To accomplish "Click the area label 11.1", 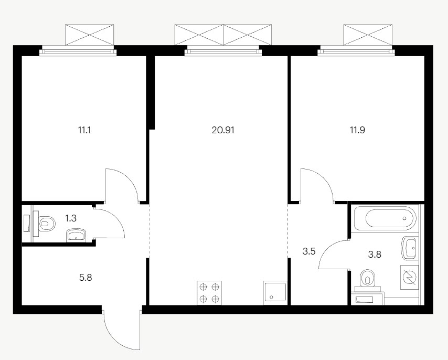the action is [84, 130].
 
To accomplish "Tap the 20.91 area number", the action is [223, 130].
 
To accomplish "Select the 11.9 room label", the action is [357, 130].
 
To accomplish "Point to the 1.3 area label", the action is [71, 218].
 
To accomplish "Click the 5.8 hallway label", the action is [86, 278].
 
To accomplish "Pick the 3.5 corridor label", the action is [309, 252].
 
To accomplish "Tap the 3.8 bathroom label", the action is [375, 255].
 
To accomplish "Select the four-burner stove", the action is [209, 293].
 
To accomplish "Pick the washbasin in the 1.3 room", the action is [76, 235].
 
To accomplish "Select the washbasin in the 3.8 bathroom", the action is [409, 248].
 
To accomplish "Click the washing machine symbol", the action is [410, 277].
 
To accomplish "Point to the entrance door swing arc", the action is [121, 328].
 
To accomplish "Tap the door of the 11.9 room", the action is [317, 186].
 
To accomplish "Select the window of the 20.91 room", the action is [223, 51].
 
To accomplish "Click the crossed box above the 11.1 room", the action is [90, 35].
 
